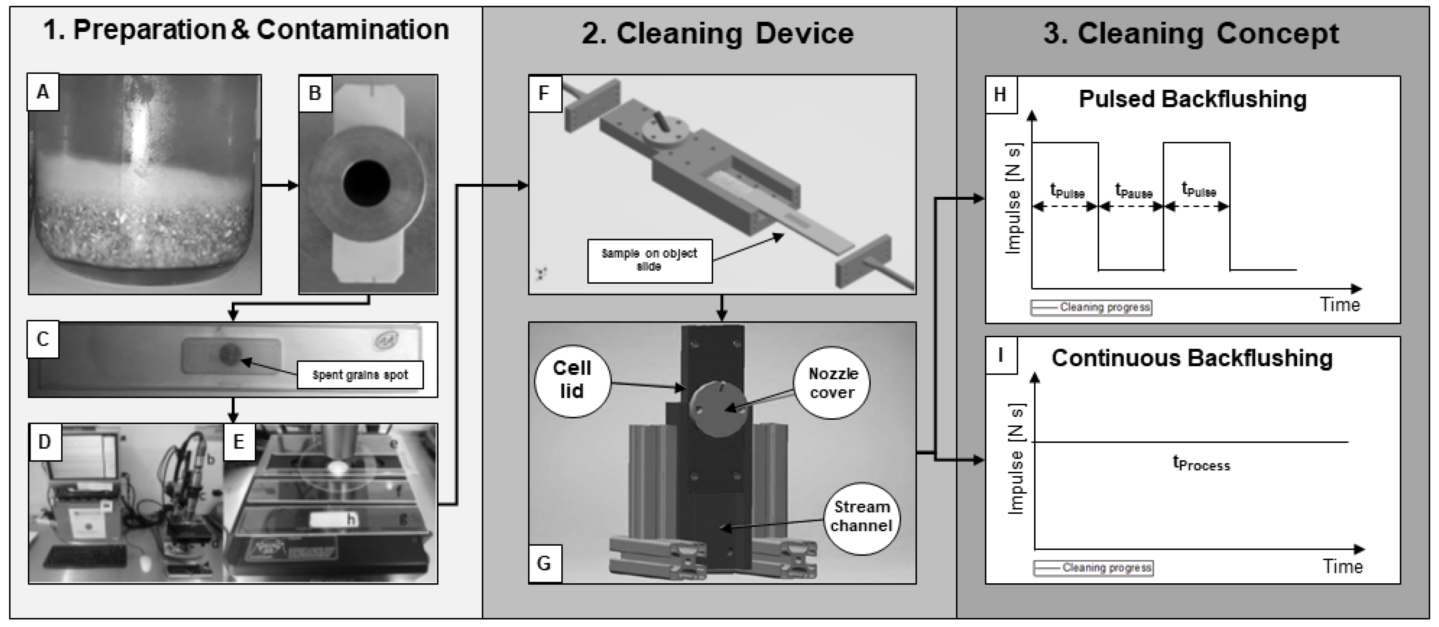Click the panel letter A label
click(42, 92)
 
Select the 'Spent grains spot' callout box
click(360, 375)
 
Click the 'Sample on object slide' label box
click(649, 260)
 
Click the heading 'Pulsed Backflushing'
click(1192, 99)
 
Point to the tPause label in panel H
click(1133, 192)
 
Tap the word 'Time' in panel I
click(1342, 566)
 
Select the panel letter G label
click(544, 563)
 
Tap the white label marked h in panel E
click(333, 520)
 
